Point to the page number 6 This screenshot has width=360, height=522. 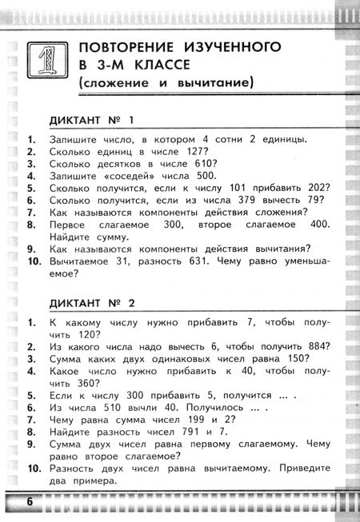click(x=30, y=502)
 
